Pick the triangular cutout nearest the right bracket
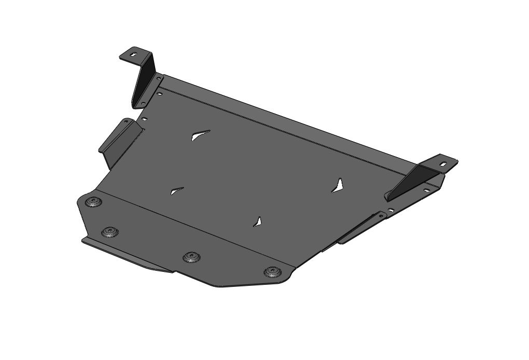pyautogui.click(x=339, y=186)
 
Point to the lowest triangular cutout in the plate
pyautogui.click(x=258, y=221)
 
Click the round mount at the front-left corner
pyautogui.click(x=93, y=202)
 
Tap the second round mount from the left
pyautogui.click(x=109, y=231)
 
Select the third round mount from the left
pyautogui.click(x=192, y=257)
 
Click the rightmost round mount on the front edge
pyautogui.click(x=271, y=272)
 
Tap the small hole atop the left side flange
pyautogui.click(x=125, y=122)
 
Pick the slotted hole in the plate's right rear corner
pyautogui.click(x=426, y=190)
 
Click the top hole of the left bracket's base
pyautogui.click(x=158, y=78)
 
